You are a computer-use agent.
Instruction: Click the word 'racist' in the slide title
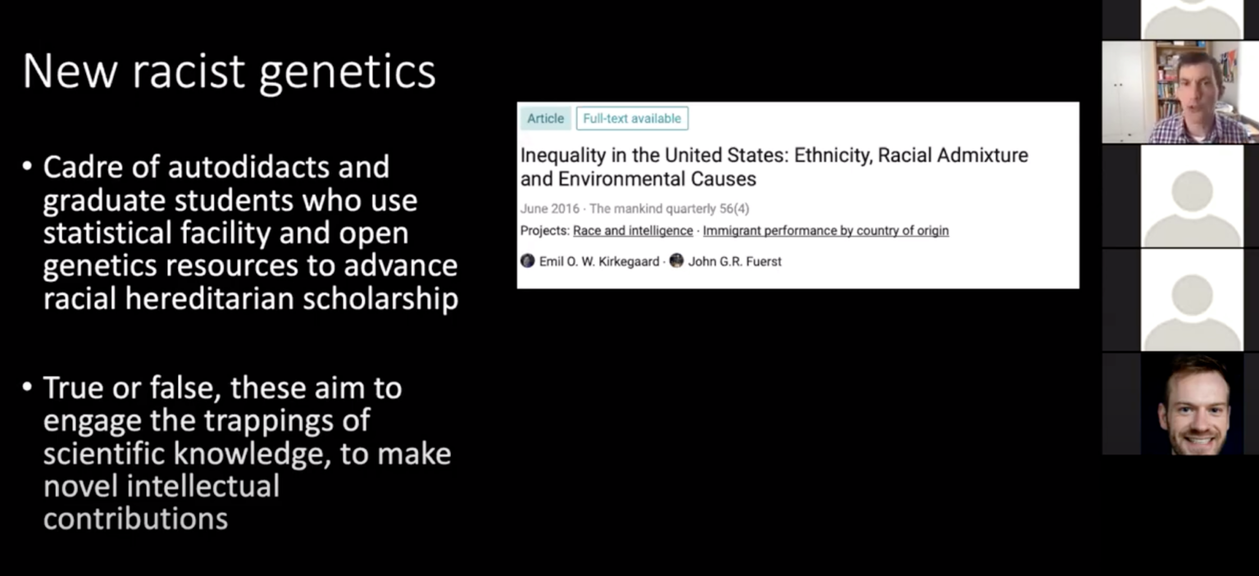(189, 71)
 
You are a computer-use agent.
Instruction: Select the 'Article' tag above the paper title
(545, 119)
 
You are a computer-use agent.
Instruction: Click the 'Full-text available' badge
(632, 119)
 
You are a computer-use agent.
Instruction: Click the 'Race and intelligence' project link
(633, 231)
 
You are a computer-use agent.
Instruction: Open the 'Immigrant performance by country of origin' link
(825, 231)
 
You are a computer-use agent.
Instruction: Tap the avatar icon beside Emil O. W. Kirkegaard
(528, 261)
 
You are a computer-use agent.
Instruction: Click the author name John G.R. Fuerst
(734, 261)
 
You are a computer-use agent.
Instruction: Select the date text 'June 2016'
(549, 209)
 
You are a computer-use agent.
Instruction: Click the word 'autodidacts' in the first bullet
(279, 167)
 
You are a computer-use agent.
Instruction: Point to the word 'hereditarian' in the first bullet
(214, 299)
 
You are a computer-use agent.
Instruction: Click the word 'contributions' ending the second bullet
(135, 519)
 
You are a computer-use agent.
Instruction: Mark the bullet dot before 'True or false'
(27, 387)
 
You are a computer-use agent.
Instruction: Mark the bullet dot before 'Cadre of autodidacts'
(27, 166)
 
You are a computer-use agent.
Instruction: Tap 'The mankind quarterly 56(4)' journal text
(669, 209)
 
